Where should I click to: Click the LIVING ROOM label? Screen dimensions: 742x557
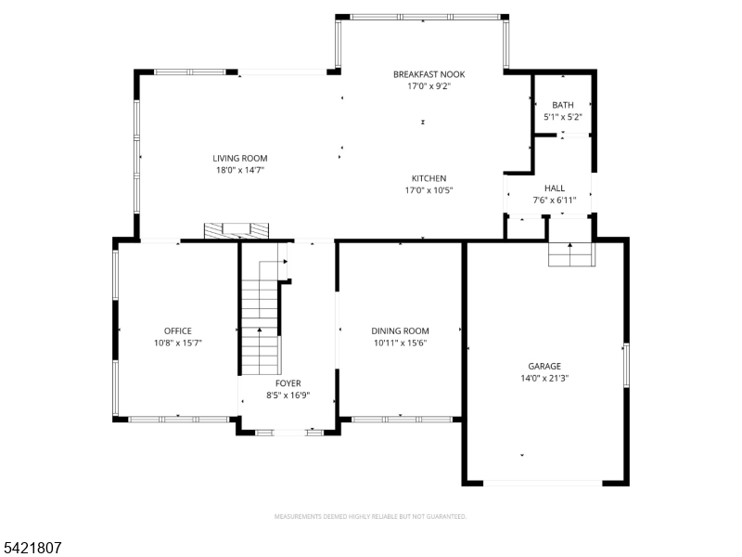point(240,158)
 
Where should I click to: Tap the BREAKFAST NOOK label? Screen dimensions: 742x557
point(429,74)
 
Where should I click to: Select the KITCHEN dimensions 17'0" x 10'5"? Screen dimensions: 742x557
point(429,190)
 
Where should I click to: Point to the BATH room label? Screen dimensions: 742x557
point(563,105)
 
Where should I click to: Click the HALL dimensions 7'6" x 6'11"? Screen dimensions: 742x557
point(555,201)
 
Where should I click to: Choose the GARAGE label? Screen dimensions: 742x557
point(544,366)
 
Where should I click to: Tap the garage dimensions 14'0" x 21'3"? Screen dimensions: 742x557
point(544,379)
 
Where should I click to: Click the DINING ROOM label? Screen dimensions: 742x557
point(400,331)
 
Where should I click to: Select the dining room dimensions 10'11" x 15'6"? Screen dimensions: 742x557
point(401,343)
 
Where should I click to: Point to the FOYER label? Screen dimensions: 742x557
point(288,383)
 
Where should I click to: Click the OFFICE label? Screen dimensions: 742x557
point(178,331)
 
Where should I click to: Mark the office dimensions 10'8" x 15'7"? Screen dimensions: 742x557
point(178,343)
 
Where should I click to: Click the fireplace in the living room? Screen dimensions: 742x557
point(237,231)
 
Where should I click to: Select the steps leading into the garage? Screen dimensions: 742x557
point(570,254)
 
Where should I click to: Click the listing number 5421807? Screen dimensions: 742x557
point(31,548)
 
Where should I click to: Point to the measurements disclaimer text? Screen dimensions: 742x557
point(370,516)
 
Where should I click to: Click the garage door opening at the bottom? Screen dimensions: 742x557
point(543,483)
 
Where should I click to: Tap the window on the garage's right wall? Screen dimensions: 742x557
point(626,365)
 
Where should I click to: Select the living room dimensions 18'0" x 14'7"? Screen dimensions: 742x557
point(240,171)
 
